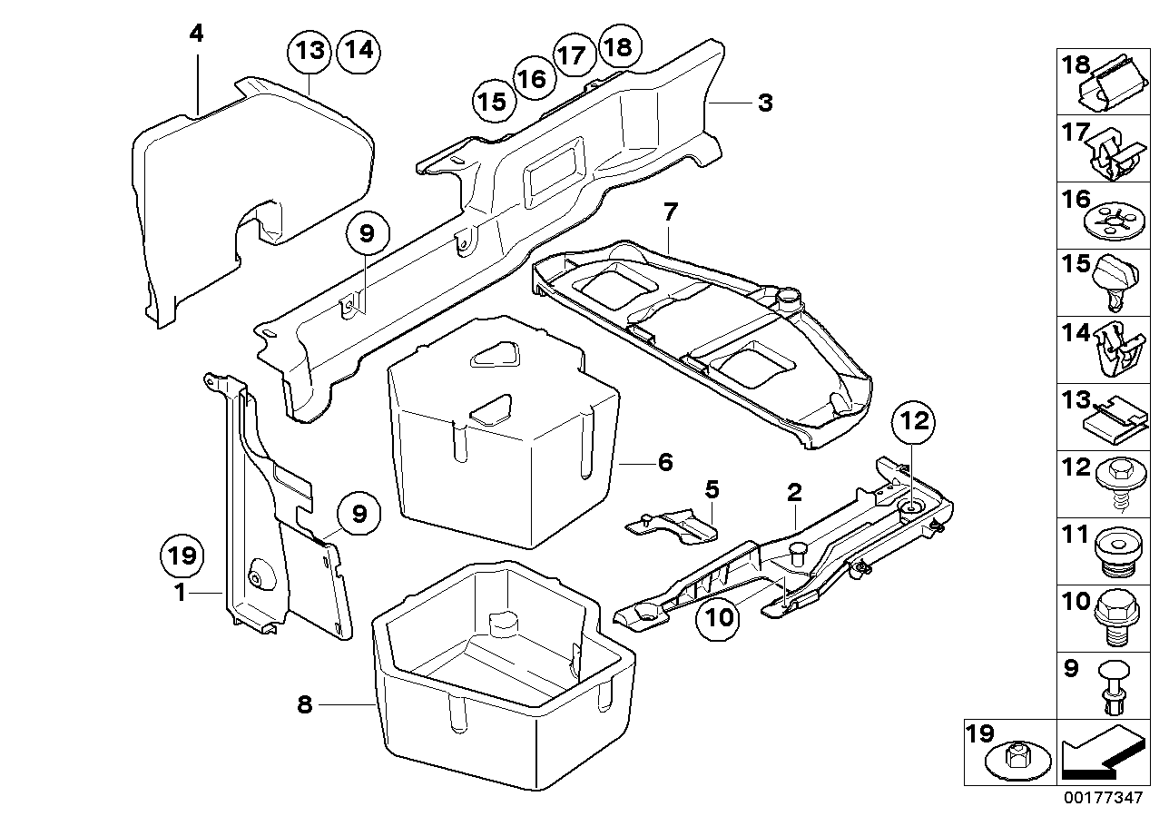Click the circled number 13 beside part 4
click(x=310, y=50)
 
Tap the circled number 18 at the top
click(x=617, y=46)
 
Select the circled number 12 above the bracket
click(x=916, y=420)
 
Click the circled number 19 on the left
click(x=182, y=556)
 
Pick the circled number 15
click(x=493, y=101)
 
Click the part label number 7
click(x=670, y=214)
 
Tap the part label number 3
click(x=765, y=103)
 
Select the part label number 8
click(x=304, y=703)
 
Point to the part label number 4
click(x=197, y=34)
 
